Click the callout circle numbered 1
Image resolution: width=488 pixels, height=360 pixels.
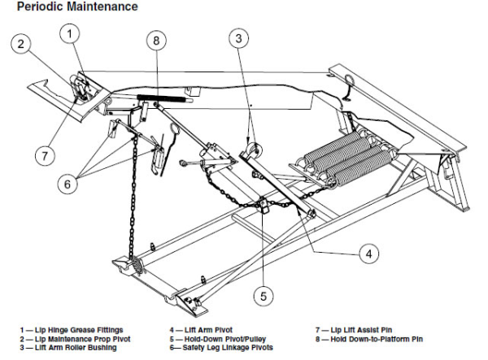[72, 33]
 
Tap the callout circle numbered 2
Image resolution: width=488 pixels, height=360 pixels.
[22, 45]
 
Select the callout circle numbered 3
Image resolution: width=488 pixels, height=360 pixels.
[238, 38]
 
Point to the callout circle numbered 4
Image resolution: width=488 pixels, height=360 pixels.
[368, 254]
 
